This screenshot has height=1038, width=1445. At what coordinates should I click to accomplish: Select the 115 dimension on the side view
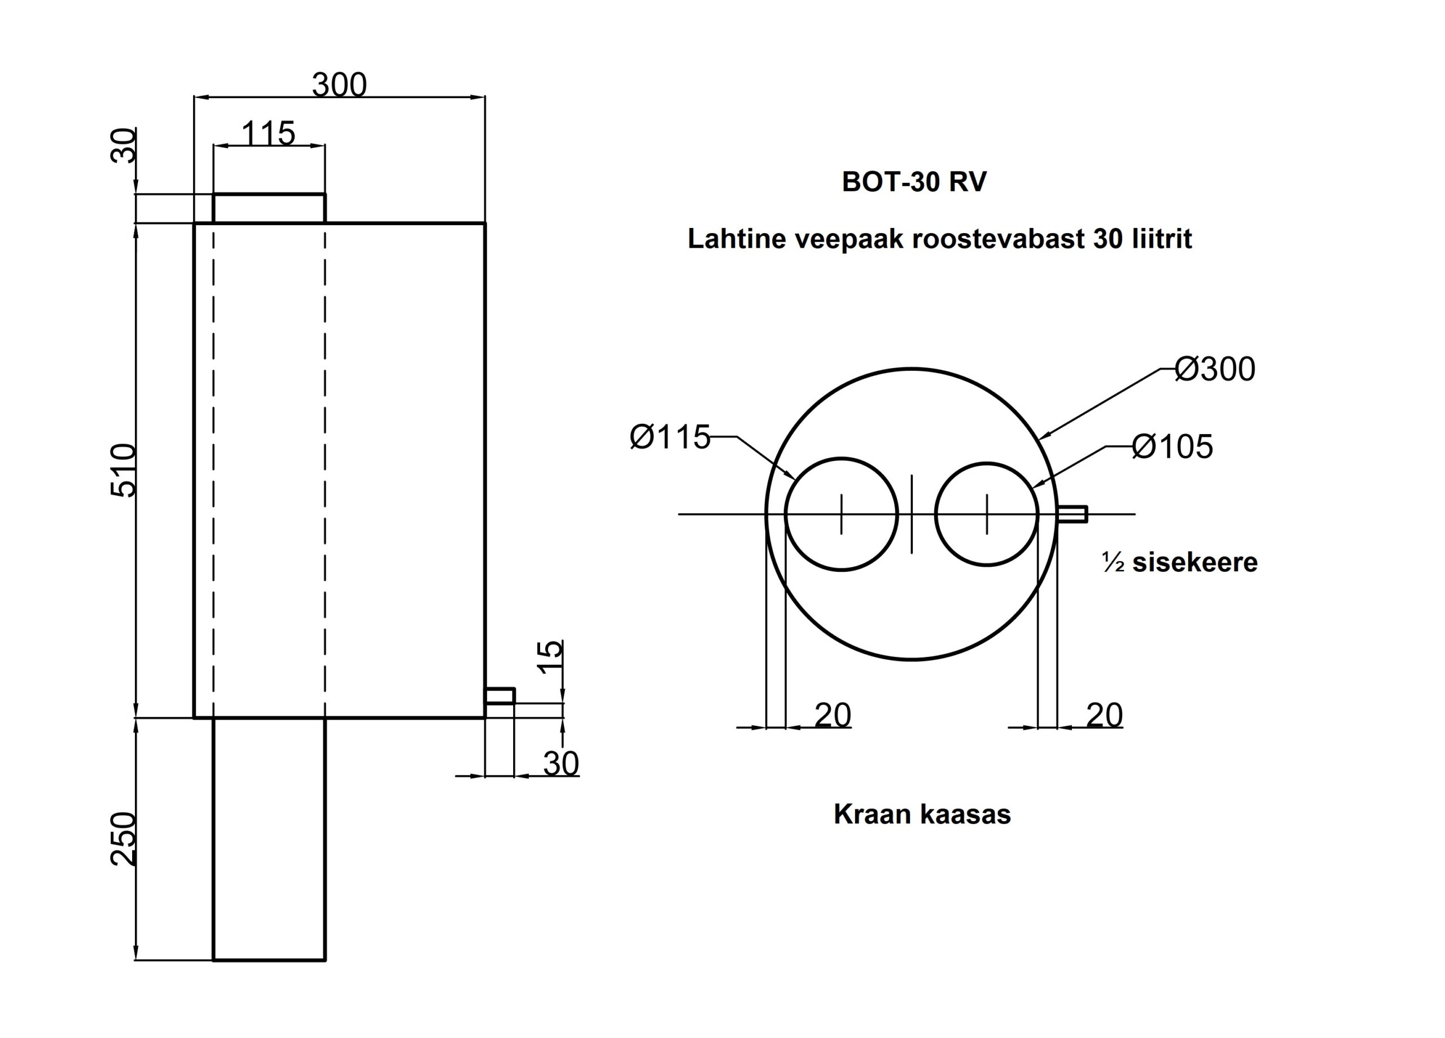[268, 134]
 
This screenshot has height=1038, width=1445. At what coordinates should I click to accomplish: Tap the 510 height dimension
[124, 470]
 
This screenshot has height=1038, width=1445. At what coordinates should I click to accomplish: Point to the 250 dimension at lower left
[124, 839]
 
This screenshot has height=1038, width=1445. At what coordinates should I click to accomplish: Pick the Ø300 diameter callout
[1214, 370]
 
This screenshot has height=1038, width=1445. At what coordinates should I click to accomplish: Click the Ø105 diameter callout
[1172, 446]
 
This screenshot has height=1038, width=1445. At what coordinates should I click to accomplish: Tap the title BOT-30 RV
[914, 182]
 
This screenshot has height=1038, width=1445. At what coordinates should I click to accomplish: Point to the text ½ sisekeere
[1180, 563]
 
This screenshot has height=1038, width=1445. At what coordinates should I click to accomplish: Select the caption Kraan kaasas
[922, 815]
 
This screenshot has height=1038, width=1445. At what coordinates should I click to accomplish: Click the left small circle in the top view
[842, 514]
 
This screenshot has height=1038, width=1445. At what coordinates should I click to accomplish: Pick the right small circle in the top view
[987, 514]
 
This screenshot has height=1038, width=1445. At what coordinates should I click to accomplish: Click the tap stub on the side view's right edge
[500, 696]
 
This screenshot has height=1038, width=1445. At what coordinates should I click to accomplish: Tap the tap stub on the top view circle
[1072, 514]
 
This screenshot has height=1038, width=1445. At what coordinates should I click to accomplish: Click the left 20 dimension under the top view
[833, 715]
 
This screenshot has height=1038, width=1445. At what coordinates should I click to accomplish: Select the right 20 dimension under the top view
[1104, 715]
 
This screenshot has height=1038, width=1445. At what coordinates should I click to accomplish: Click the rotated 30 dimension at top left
[124, 146]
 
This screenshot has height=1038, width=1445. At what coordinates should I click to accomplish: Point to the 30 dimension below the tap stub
[561, 763]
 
